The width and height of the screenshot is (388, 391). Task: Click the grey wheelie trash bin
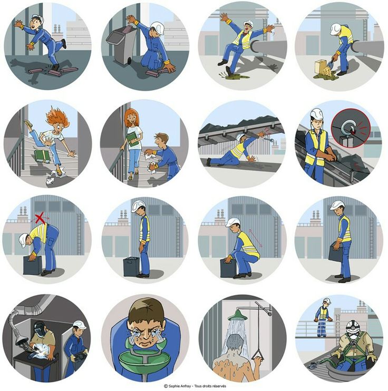[122, 44]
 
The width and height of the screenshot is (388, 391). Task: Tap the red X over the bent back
[40, 218]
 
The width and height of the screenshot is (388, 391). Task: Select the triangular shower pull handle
[258, 355]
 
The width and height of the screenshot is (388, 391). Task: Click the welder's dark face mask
[39, 327]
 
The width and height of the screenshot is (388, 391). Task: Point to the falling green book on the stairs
[42, 156]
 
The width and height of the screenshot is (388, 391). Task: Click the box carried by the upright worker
[336, 252]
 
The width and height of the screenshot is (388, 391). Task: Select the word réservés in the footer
[219, 386]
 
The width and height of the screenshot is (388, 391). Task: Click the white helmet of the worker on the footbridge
[327, 300]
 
